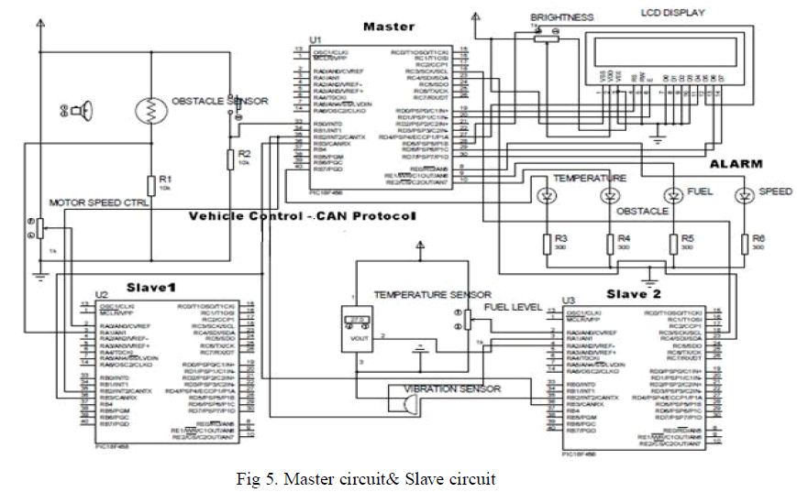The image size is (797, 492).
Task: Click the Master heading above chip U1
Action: tap(389, 27)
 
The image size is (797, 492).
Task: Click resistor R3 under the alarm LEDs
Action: tap(548, 243)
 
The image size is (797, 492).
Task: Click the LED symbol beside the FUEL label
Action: tap(672, 195)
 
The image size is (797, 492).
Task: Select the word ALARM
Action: tap(736, 164)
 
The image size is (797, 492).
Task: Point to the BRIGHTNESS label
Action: tap(561, 17)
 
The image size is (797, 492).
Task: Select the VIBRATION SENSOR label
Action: tap(452, 389)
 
